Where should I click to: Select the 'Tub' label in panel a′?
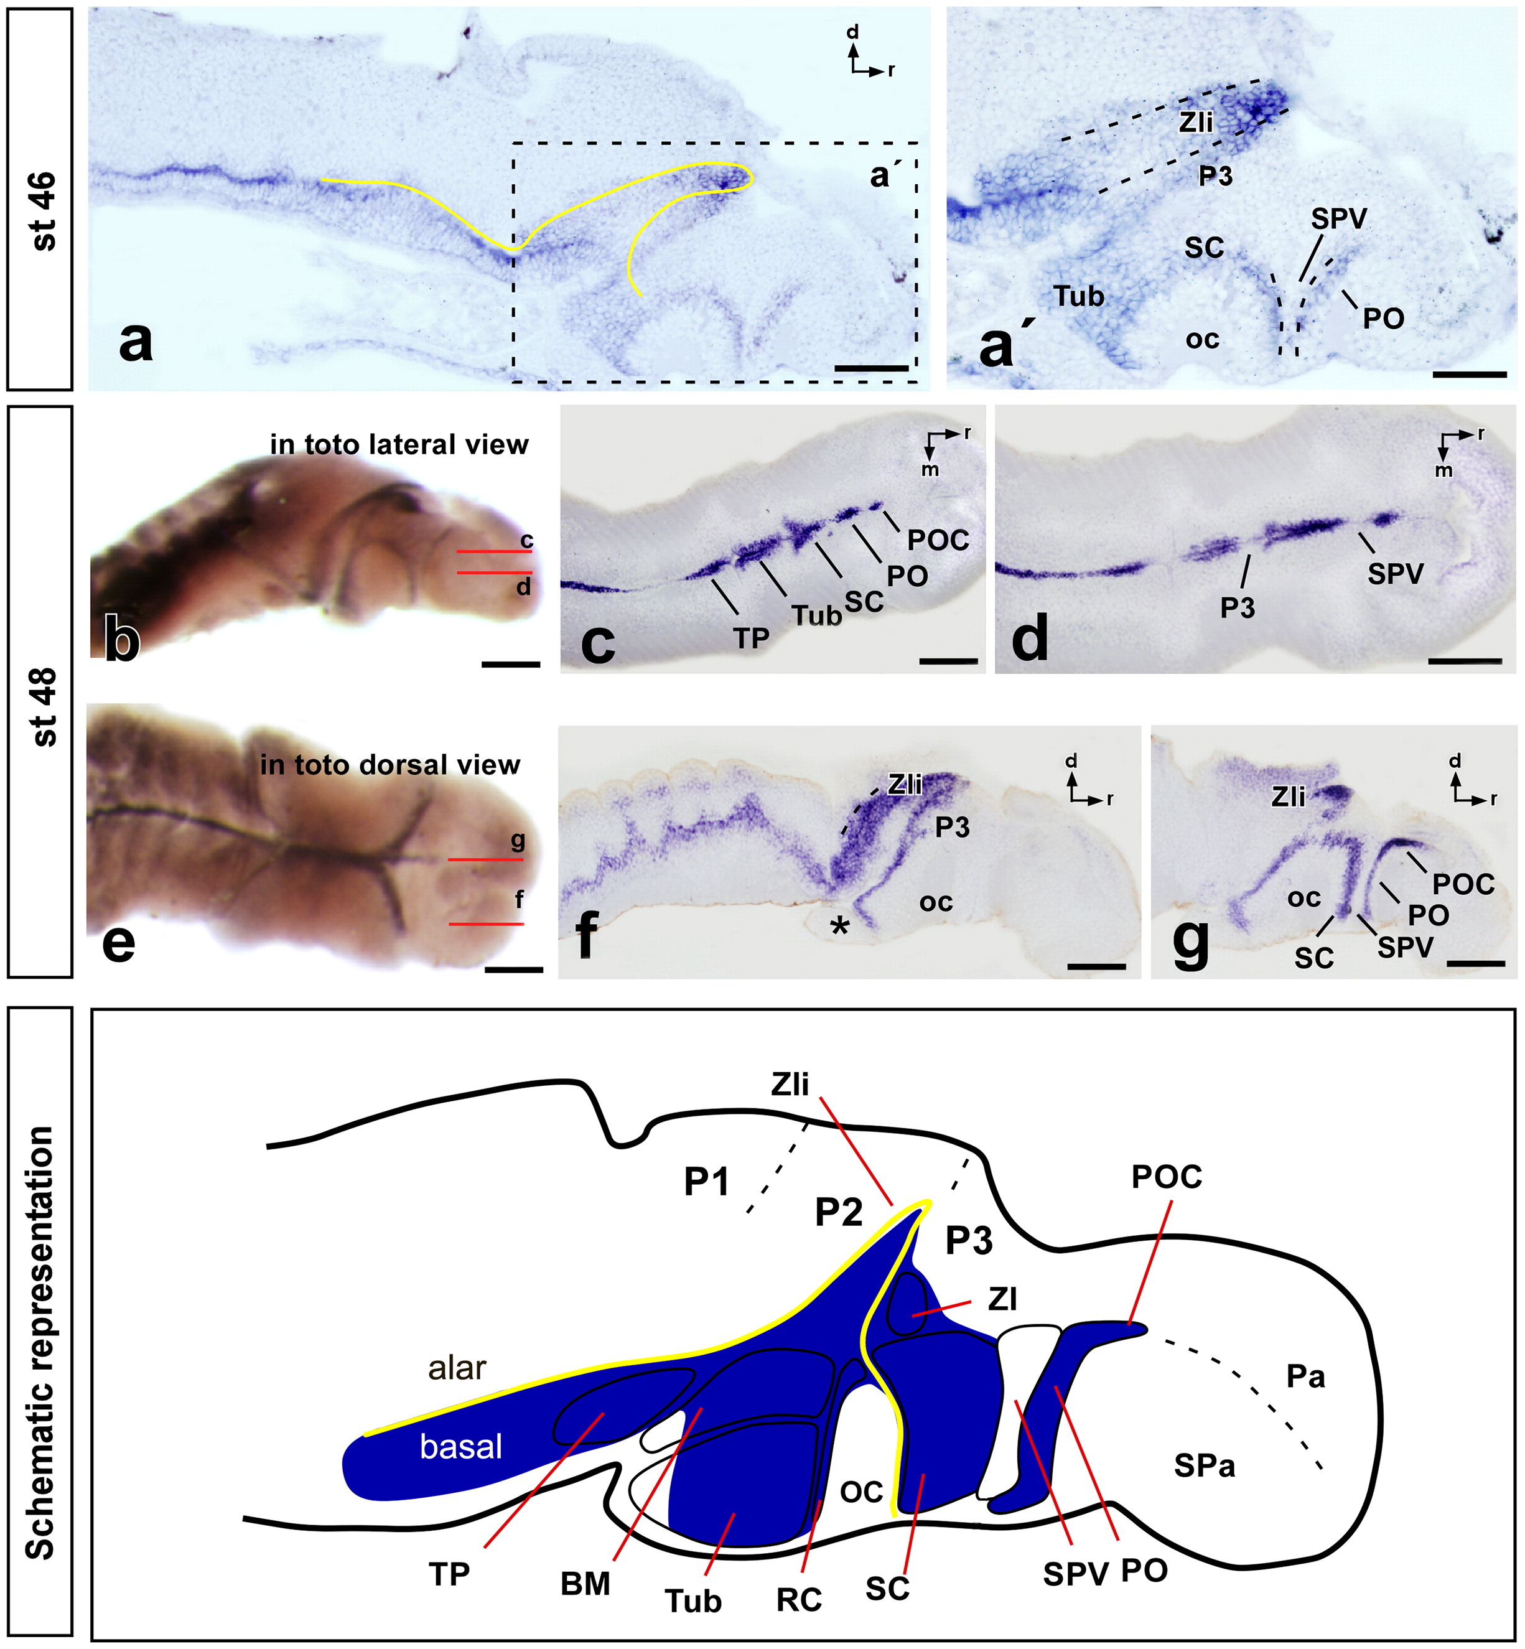pos(1078,296)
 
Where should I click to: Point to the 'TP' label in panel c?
pos(751,638)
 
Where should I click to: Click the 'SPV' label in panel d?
pos(1396,572)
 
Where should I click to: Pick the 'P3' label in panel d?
pos(1238,609)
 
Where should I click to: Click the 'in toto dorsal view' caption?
pos(389,765)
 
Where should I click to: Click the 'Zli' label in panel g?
pos(1288,796)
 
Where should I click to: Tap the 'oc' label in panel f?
pos(936,902)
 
